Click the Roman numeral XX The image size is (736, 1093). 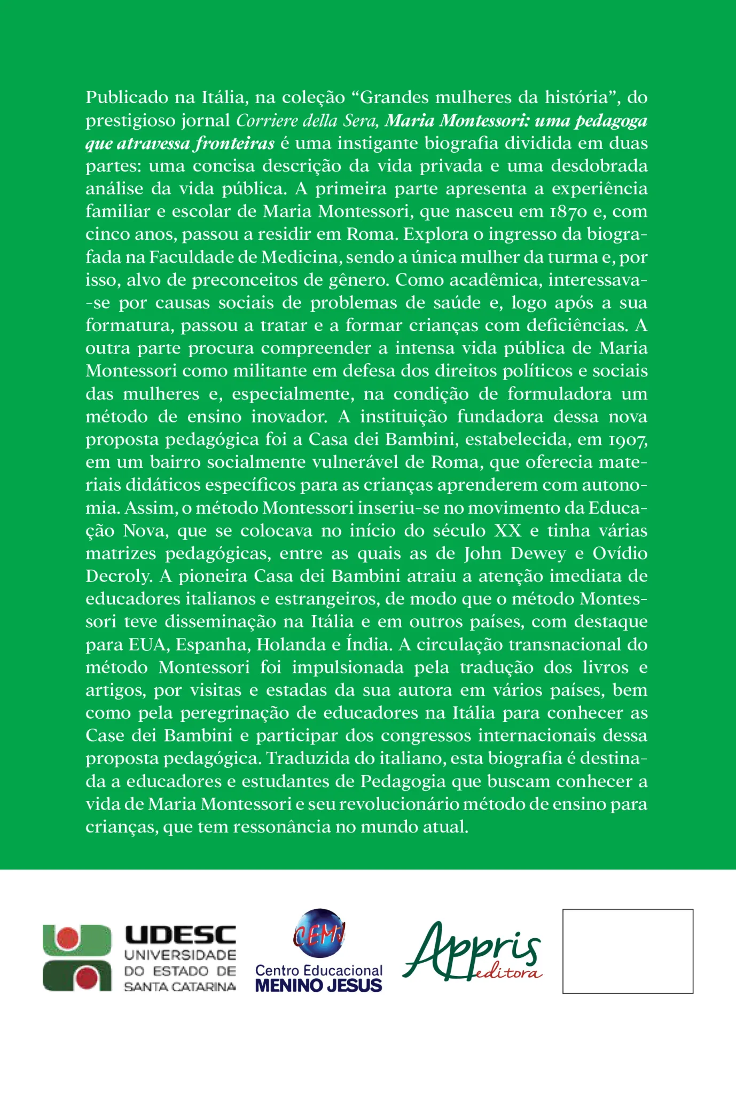[x=507, y=531]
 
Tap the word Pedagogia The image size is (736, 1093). [x=403, y=782]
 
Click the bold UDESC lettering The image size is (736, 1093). [x=180, y=935]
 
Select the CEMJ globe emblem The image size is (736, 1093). [x=319, y=934]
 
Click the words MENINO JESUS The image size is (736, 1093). [x=319, y=986]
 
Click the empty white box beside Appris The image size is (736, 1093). [x=628, y=951]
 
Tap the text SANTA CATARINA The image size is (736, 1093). [x=180, y=987]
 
